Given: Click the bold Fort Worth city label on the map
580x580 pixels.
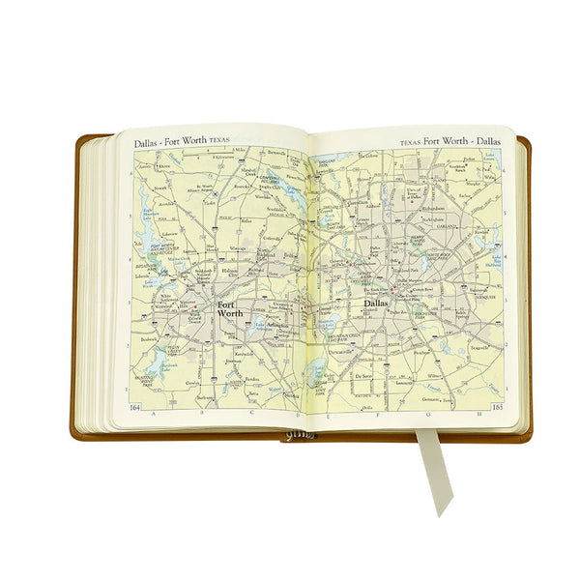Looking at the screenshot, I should pyautogui.click(x=230, y=308).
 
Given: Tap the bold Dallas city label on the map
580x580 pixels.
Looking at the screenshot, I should pyautogui.click(x=376, y=304).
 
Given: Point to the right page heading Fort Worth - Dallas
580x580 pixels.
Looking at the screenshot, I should pyautogui.click(x=449, y=142).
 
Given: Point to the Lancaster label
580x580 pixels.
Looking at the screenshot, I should pyautogui.click(x=392, y=384).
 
